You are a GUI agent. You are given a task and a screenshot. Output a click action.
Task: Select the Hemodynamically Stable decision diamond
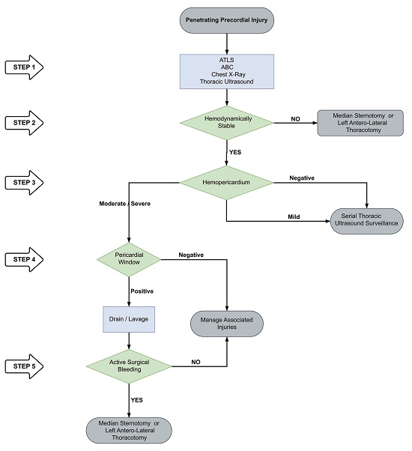[x=226, y=123]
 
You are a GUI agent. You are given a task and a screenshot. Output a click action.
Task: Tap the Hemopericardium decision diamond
[x=226, y=182]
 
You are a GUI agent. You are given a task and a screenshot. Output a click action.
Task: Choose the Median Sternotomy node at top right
[x=360, y=123]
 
